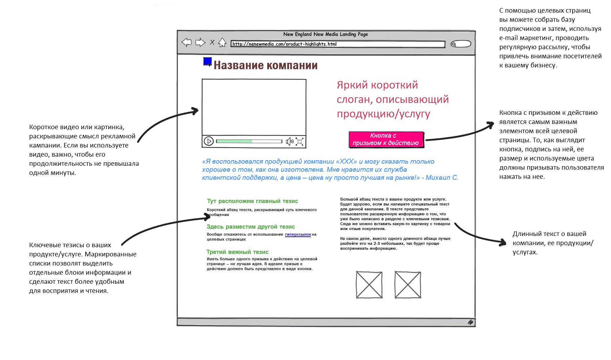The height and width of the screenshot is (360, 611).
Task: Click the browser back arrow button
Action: tap(186, 42)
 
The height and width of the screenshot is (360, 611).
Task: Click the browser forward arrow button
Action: tap(200, 42)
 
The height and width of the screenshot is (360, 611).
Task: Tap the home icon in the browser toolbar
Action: tap(222, 43)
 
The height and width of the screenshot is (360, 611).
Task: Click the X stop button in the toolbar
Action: tap(212, 42)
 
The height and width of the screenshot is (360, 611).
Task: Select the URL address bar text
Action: tap(284, 44)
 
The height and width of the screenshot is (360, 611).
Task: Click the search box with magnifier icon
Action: tap(461, 44)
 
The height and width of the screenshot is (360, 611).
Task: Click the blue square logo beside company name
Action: tap(208, 62)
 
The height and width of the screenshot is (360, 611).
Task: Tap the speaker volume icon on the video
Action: tap(289, 141)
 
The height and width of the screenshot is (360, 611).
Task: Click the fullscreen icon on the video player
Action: tap(300, 141)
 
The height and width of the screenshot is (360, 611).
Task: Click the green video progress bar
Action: tap(234, 141)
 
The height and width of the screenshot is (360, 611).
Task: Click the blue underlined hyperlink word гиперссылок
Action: tap(298, 234)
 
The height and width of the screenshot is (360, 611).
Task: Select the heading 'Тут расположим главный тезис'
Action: tap(252, 201)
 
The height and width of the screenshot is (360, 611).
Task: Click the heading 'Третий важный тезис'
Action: tap(237, 252)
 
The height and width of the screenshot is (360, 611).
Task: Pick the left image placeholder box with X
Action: tap(369, 284)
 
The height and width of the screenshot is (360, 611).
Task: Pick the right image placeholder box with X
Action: tap(408, 284)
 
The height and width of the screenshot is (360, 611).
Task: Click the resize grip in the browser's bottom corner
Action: tap(471, 322)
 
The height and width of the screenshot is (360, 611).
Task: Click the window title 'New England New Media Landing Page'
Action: tap(326, 34)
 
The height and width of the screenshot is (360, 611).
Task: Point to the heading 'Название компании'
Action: tap(265, 65)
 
